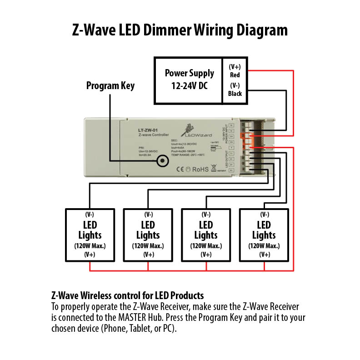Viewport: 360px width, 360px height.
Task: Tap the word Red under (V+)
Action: (235, 75)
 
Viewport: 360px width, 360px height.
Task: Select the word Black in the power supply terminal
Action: (235, 94)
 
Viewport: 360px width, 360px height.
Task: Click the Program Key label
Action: (110, 85)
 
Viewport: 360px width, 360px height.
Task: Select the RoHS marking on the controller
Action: (200, 169)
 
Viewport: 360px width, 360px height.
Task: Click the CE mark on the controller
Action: (179, 169)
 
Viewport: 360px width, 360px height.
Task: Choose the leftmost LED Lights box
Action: (90, 235)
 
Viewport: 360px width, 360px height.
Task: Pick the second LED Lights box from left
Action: (148, 235)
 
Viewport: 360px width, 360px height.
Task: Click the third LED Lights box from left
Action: (206, 235)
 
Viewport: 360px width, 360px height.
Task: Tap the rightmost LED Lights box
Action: (264, 235)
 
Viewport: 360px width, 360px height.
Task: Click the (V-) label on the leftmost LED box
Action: (90, 214)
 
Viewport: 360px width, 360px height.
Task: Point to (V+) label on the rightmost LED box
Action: (264, 255)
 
